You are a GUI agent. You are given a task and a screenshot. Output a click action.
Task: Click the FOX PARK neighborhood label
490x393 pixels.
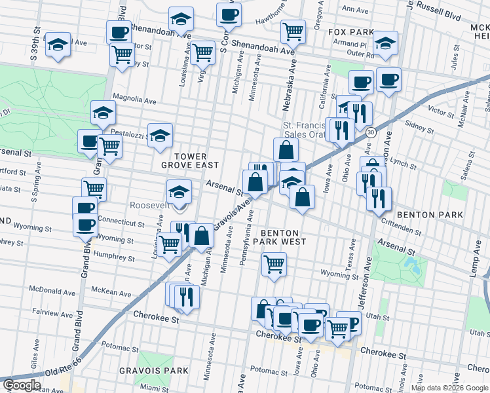click(350, 31)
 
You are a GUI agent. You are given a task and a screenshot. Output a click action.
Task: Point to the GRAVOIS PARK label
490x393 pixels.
click(144, 371)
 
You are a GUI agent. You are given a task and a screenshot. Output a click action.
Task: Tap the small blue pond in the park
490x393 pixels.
click(412, 265)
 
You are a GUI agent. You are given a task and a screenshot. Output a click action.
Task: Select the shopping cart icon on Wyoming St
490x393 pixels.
click(274, 265)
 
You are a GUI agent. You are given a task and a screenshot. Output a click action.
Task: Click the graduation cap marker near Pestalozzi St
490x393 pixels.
click(159, 136)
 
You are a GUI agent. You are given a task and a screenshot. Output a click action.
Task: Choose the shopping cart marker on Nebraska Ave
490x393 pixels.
click(293, 30)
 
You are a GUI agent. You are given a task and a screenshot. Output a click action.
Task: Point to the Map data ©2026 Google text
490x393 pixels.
click(449, 388)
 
